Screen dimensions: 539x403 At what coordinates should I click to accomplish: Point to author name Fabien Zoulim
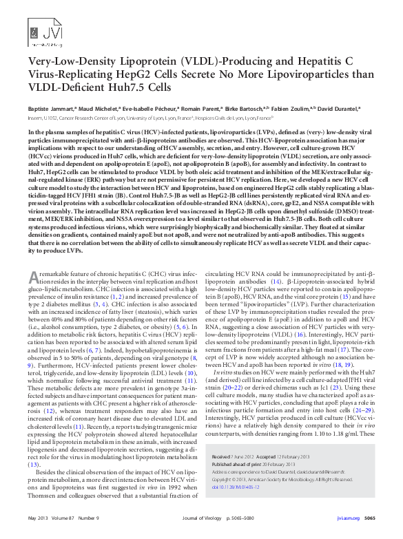click(292, 109)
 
